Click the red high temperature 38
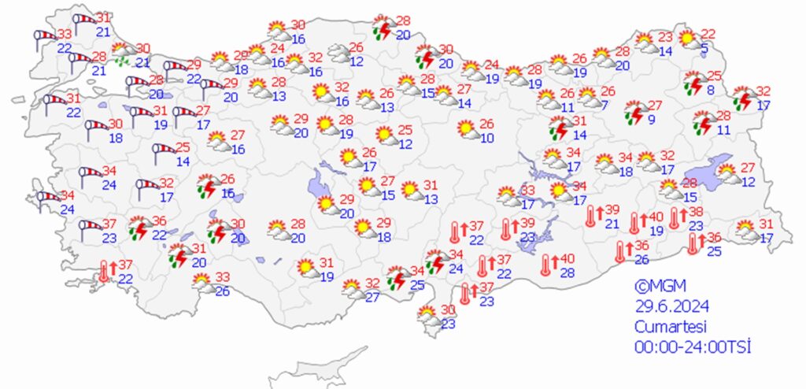[x=696, y=213]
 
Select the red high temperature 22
[x=708, y=34]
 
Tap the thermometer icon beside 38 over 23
[x=675, y=218]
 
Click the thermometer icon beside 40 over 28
[x=546, y=265]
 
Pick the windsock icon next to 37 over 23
[x=88, y=229]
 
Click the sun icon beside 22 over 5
[x=688, y=38]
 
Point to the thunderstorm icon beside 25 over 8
[x=693, y=82]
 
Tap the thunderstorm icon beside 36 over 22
[x=139, y=227]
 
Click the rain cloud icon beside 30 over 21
[x=122, y=54]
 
